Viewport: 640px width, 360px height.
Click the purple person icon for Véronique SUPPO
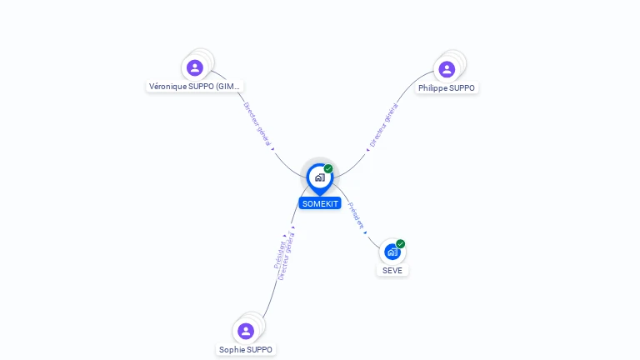pos(195,67)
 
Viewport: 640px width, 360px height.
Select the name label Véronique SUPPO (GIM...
pos(195,87)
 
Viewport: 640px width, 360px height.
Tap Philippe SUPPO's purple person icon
pos(447,69)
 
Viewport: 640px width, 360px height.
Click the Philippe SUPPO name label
pos(447,88)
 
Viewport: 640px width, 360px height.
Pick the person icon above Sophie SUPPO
pos(246,331)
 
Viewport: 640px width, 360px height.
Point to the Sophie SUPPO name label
pos(246,350)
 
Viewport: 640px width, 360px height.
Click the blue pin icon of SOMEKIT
pos(319,177)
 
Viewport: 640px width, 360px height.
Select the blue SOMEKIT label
pos(320,203)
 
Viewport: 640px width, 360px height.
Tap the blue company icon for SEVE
pos(392,252)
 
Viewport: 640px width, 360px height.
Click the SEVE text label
pos(392,270)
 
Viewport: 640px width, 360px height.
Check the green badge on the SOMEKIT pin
pos(328,169)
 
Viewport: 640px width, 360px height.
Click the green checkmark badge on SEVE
pos(401,244)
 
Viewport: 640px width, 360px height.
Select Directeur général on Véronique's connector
pos(257,124)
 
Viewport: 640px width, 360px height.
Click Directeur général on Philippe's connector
pos(384,125)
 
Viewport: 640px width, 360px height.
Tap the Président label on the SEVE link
pos(355,215)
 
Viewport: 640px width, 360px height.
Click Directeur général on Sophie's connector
pos(287,253)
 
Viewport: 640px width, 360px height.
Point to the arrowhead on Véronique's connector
pos(272,149)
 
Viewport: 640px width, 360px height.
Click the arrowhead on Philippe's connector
pos(367,150)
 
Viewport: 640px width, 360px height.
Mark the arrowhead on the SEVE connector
pos(365,232)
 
